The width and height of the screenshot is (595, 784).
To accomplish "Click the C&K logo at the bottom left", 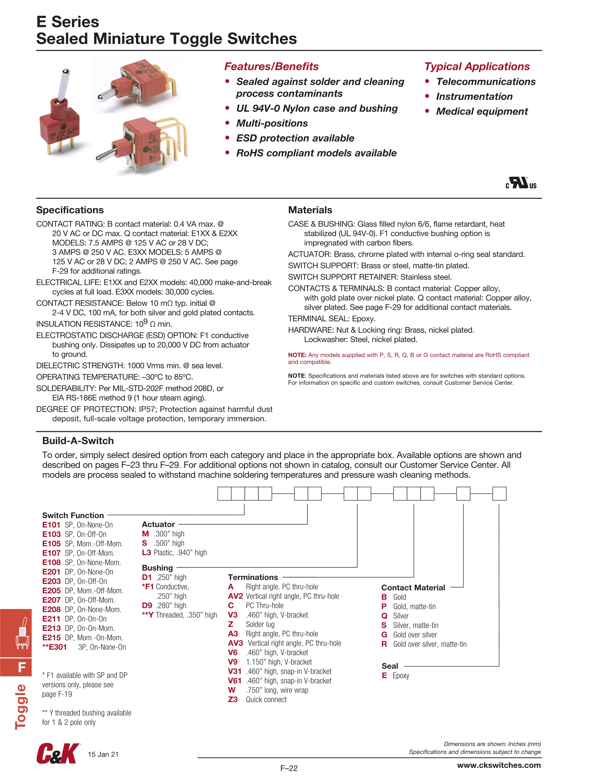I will (58, 753).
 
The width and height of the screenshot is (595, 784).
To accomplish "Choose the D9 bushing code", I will (147, 605).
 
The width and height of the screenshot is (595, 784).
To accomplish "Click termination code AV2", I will (235, 596).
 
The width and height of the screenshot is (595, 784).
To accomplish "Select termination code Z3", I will (233, 699).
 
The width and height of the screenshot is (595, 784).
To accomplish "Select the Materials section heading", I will (310, 210).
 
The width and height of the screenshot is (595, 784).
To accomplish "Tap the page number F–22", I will (289, 768).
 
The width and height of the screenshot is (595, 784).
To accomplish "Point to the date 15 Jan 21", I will (103, 754).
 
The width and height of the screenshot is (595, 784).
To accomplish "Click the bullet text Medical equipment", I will (482, 111).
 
